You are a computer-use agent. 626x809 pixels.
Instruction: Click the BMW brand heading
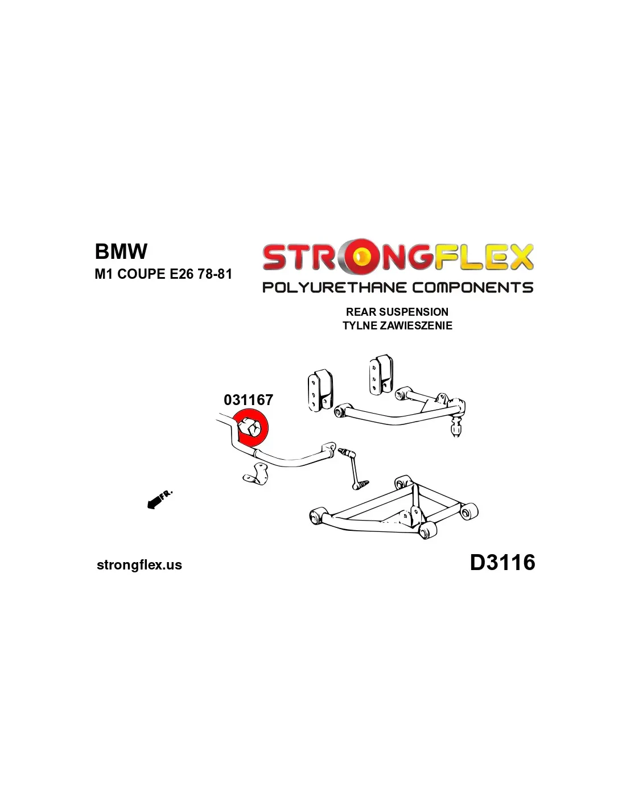pos(121,251)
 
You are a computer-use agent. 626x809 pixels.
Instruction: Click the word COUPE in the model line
pos(141,274)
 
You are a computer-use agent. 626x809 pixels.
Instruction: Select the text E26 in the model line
pos(182,274)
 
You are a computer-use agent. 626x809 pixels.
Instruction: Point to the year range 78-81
pos(215,274)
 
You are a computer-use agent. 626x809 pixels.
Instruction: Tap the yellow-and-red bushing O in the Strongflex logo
pos(359,257)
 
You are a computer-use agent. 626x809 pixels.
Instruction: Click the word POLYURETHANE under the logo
pos(334,287)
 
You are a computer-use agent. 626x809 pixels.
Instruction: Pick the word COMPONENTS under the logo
pos(472,287)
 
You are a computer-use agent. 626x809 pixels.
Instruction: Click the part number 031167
pos(248,400)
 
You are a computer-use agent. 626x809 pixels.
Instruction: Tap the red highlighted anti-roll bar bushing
pos(251,427)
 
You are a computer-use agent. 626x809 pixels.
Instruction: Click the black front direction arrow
pos(152,502)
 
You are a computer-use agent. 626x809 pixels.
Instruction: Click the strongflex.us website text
pos(139,565)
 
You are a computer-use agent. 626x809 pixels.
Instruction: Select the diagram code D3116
pos(502,563)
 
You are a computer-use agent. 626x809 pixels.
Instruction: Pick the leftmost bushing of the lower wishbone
pos(316,517)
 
